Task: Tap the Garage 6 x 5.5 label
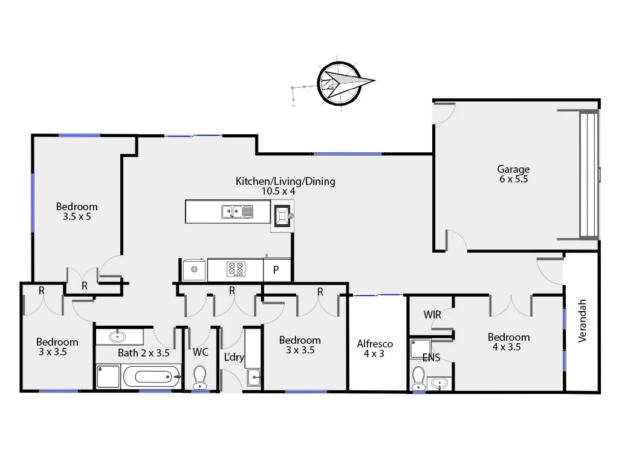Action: click(x=513, y=174)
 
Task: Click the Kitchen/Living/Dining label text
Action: click(x=285, y=181)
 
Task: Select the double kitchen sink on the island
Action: click(x=237, y=211)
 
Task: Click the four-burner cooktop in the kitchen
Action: click(x=235, y=269)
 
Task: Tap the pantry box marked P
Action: click(x=276, y=270)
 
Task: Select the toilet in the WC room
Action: click(x=199, y=378)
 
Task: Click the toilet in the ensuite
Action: click(x=418, y=378)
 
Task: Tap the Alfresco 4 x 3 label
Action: click(x=374, y=349)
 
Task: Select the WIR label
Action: click(x=432, y=315)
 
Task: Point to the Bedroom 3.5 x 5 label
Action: click(x=77, y=211)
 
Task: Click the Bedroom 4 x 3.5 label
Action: click(x=508, y=342)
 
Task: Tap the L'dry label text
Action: click(x=234, y=357)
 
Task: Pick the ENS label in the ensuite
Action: click(x=431, y=358)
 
